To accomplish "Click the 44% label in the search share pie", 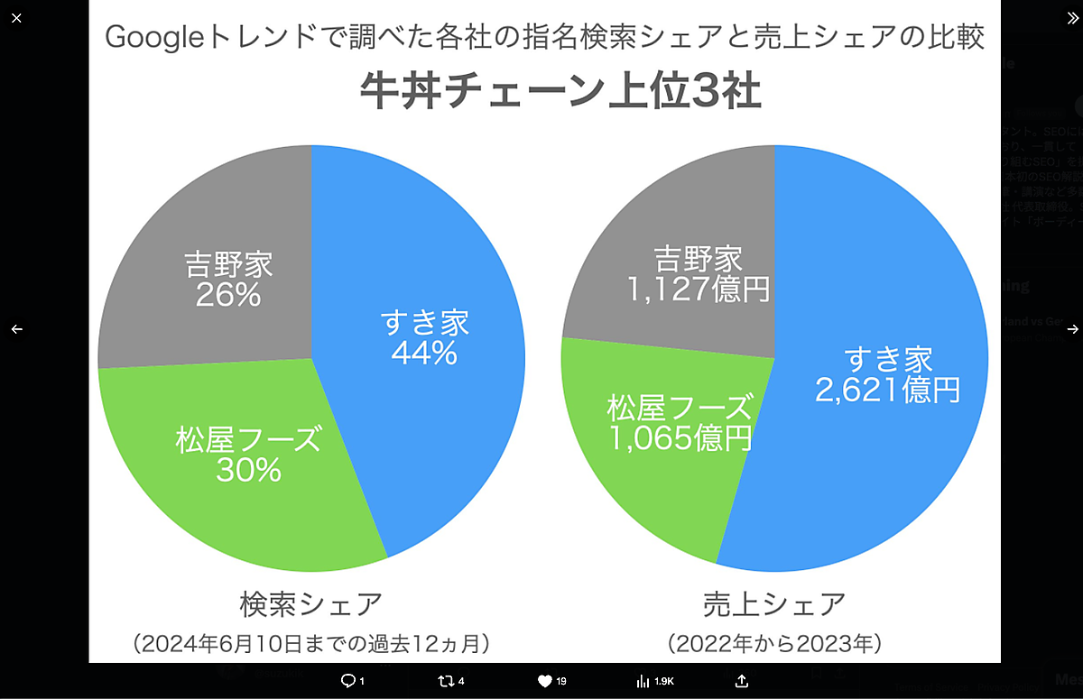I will point(424,353).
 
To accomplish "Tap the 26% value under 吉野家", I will point(228,294).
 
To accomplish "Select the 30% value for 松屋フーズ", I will point(248,470).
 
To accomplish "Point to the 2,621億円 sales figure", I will point(887,390).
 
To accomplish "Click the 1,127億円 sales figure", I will point(699,289).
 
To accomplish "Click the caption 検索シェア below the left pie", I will point(311,603).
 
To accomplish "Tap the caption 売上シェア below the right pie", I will point(774,603).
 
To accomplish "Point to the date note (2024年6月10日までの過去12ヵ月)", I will point(311,644).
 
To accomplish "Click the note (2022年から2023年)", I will point(774,644).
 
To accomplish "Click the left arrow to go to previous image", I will point(16,329).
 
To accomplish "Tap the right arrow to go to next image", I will point(1072,329).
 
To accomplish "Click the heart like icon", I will point(544,681).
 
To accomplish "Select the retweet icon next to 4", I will point(445,681).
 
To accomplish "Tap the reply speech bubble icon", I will point(347,681).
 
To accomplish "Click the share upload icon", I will point(742,681).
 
